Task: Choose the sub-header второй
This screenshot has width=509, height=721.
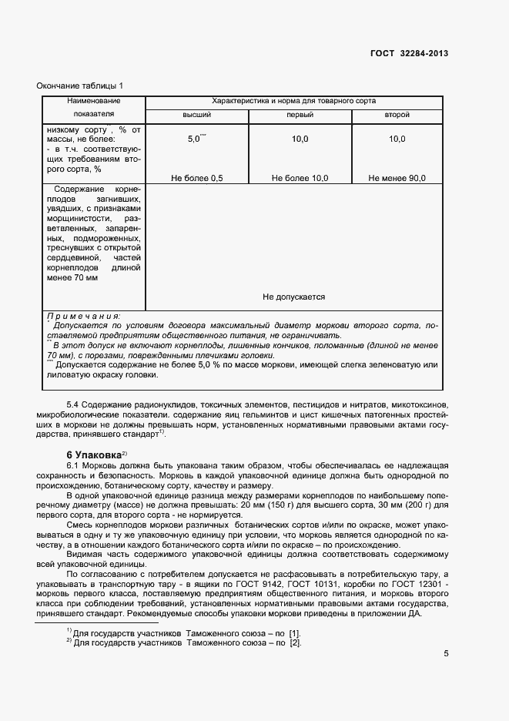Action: (x=397, y=115)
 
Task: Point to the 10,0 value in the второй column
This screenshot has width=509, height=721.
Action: (x=397, y=139)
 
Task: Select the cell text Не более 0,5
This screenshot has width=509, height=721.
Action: (x=196, y=179)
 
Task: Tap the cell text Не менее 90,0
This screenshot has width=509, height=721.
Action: (x=397, y=179)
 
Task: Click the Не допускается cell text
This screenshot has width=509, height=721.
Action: (x=293, y=297)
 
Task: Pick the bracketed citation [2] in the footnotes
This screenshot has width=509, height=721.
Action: (x=294, y=643)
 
